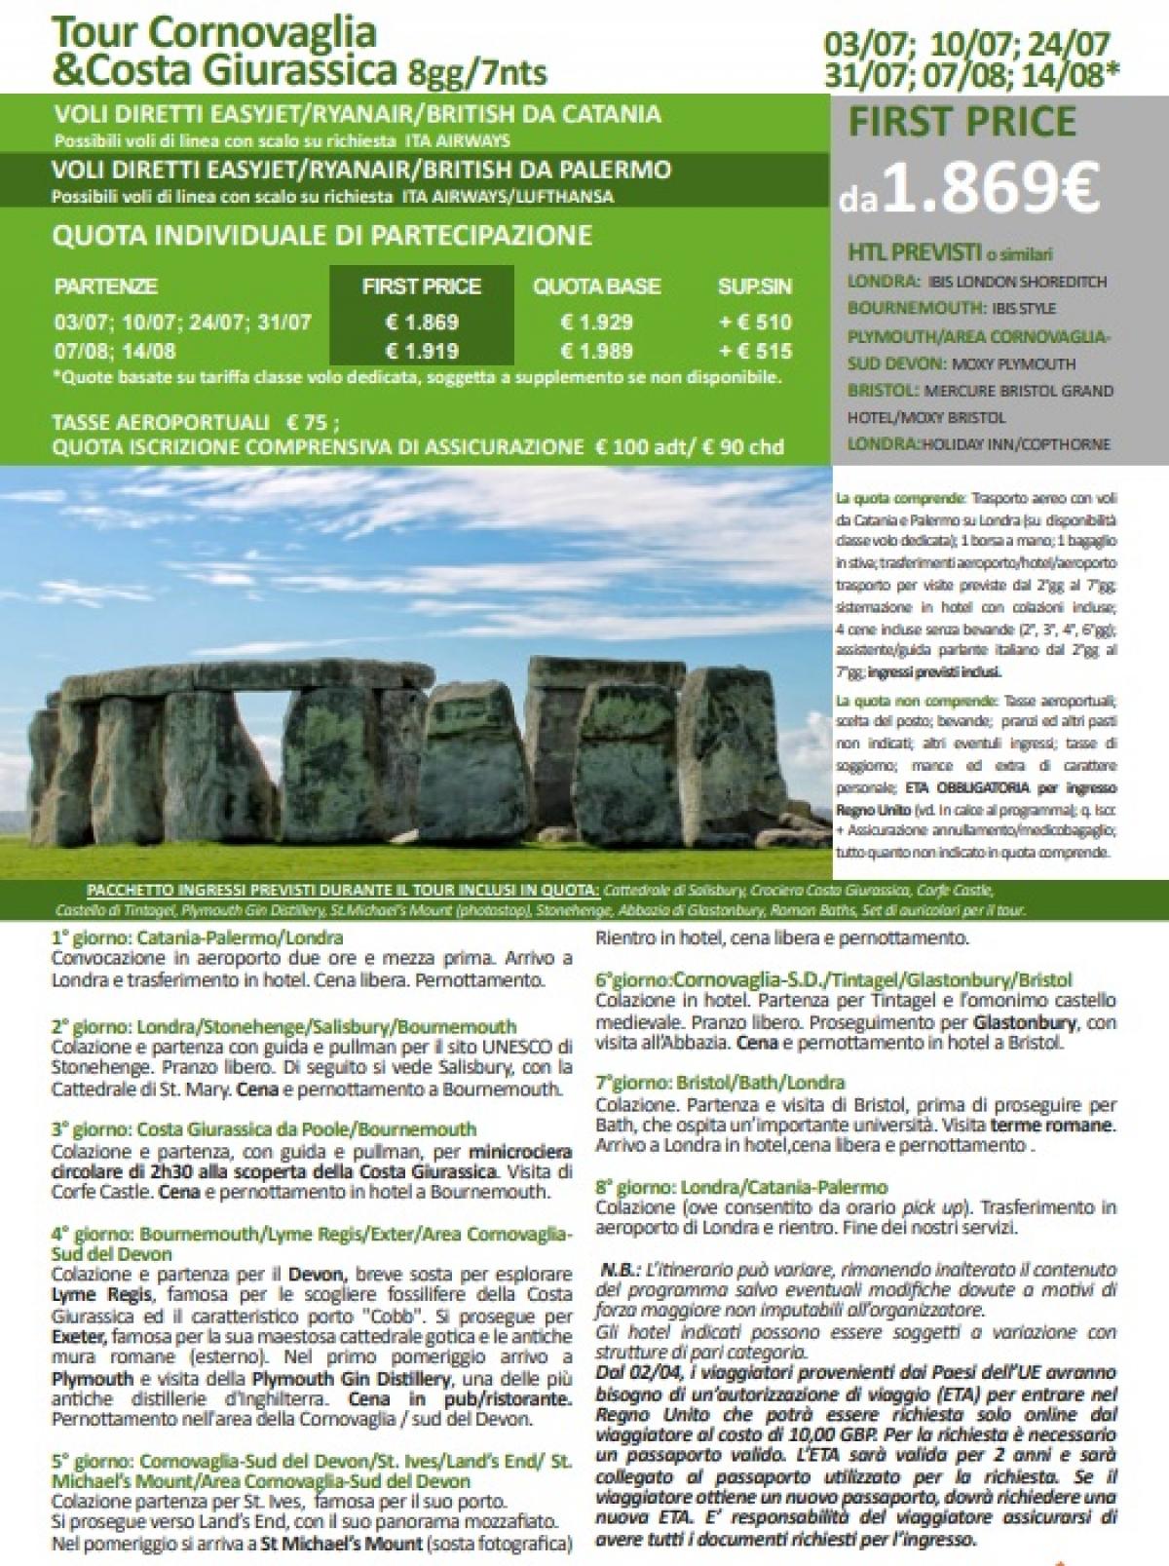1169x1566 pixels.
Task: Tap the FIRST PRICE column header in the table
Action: click(x=421, y=286)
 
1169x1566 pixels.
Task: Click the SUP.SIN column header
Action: click(x=754, y=286)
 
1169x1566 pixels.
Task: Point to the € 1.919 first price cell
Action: click(x=422, y=351)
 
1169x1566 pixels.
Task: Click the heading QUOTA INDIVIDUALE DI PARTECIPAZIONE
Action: click(x=322, y=236)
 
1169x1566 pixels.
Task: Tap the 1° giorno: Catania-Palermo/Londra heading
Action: click(x=198, y=937)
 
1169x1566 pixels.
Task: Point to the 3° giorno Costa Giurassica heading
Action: click(x=264, y=1129)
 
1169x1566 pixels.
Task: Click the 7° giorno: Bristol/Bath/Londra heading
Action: click(x=720, y=1083)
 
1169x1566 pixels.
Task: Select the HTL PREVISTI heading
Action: click(x=914, y=253)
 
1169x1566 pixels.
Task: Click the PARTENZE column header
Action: click(x=105, y=287)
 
